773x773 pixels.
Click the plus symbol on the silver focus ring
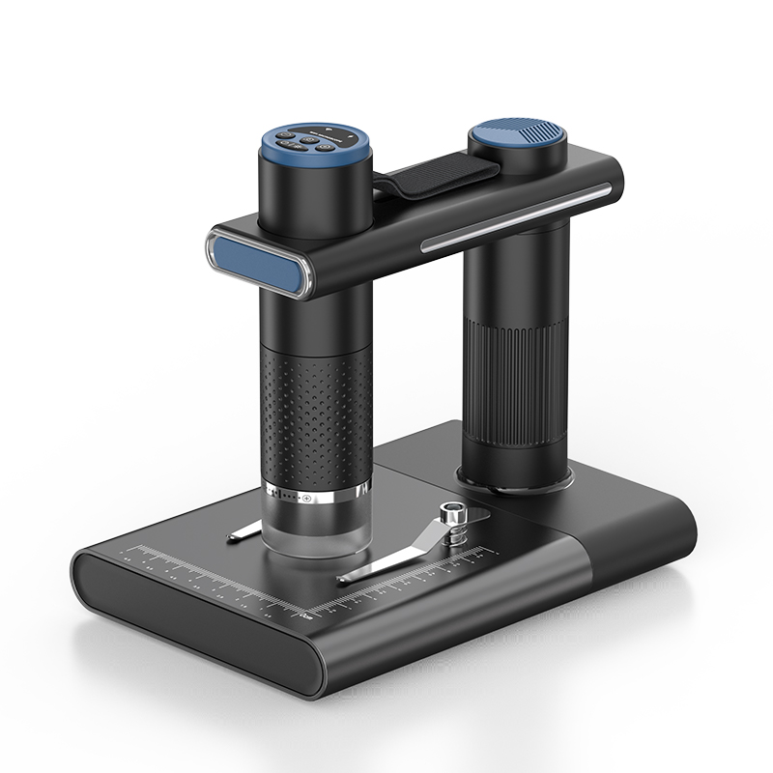point(307,500)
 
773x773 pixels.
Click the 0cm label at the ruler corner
point(306,613)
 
